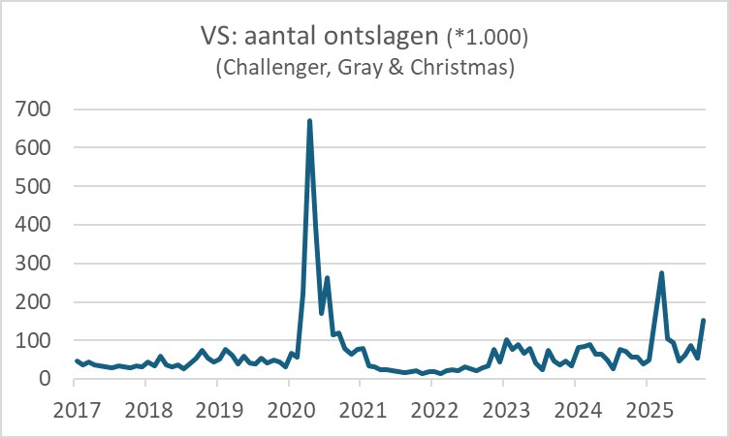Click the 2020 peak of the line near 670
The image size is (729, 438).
pos(309,121)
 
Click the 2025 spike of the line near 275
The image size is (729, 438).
pos(661,273)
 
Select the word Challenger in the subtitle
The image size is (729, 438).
pos(271,69)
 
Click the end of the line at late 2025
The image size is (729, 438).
pos(704,321)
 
